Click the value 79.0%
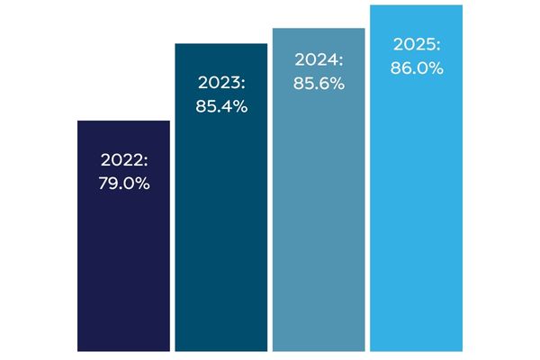pyautogui.click(x=123, y=184)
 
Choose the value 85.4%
pyautogui.click(x=220, y=106)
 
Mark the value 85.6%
pyautogui.click(x=319, y=83)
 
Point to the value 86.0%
pyautogui.click(x=416, y=67)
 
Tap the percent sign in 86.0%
pyautogui.click(x=436, y=67)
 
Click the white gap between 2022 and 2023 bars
pyautogui.click(x=172, y=270)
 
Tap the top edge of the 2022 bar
pyautogui.click(x=123, y=121)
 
